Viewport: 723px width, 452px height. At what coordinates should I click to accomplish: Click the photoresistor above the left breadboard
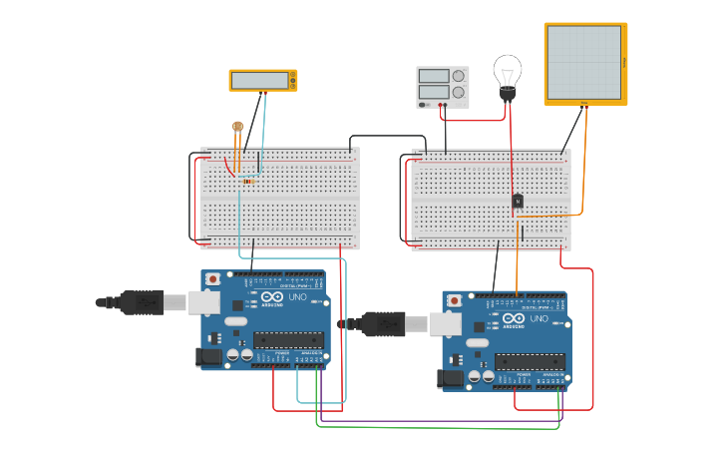pos(237,127)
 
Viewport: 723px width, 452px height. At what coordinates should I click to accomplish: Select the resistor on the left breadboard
pos(247,182)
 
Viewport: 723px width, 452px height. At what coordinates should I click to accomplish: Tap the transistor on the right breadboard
pos(518,202)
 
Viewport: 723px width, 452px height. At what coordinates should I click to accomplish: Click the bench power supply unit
pos(442,86)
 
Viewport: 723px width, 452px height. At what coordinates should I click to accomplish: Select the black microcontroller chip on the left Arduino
pos(289,339)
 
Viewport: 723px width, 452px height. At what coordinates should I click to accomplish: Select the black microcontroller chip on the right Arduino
pos(530,361)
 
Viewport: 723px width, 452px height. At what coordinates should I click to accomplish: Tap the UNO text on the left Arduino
pos(297,297)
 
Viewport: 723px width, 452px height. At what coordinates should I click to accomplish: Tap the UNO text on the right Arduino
pos(539,319)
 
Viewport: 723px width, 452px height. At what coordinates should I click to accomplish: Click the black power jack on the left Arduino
pos(209,356)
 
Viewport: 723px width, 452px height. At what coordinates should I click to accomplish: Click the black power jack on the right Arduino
pos(451,378)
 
